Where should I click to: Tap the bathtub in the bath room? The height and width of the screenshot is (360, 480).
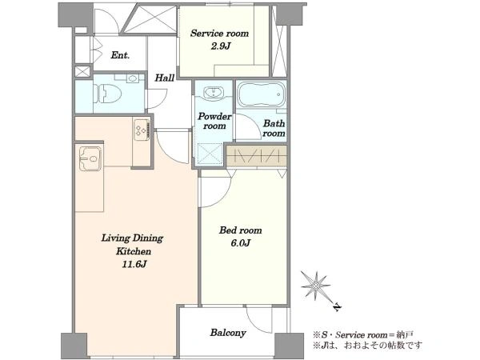(x=261, y=94)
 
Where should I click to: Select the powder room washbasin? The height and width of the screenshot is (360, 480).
(x=214, y=93)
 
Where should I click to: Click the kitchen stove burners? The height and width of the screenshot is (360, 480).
(x=142, y=130)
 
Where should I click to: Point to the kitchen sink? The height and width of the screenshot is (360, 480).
(x=90, y=158)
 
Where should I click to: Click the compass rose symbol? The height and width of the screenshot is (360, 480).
(x=316, y=286)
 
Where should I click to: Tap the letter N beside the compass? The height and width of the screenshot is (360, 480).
(x=337, y=306)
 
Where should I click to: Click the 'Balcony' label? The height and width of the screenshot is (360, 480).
(x=228, y=333)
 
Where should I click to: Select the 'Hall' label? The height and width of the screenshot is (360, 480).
(x=164, y=78)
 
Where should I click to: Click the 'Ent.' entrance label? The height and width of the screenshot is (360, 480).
(x=120, y=55)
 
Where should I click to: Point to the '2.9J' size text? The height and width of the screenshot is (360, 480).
(x=220, y=46)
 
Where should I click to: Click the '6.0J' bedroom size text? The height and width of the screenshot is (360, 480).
(x=241, y=243)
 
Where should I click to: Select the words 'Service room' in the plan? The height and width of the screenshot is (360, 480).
(x=219, y=33)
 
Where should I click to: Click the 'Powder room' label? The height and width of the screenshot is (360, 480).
(x=214, y=122)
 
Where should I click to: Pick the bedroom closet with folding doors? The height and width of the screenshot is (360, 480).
(x=257, y=156)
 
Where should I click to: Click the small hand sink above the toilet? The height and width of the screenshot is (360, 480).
(x=133, y=78)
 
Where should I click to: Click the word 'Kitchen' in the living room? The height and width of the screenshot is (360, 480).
(x=134, y=252)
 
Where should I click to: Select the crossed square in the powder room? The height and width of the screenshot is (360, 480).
(x=210, y=154)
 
